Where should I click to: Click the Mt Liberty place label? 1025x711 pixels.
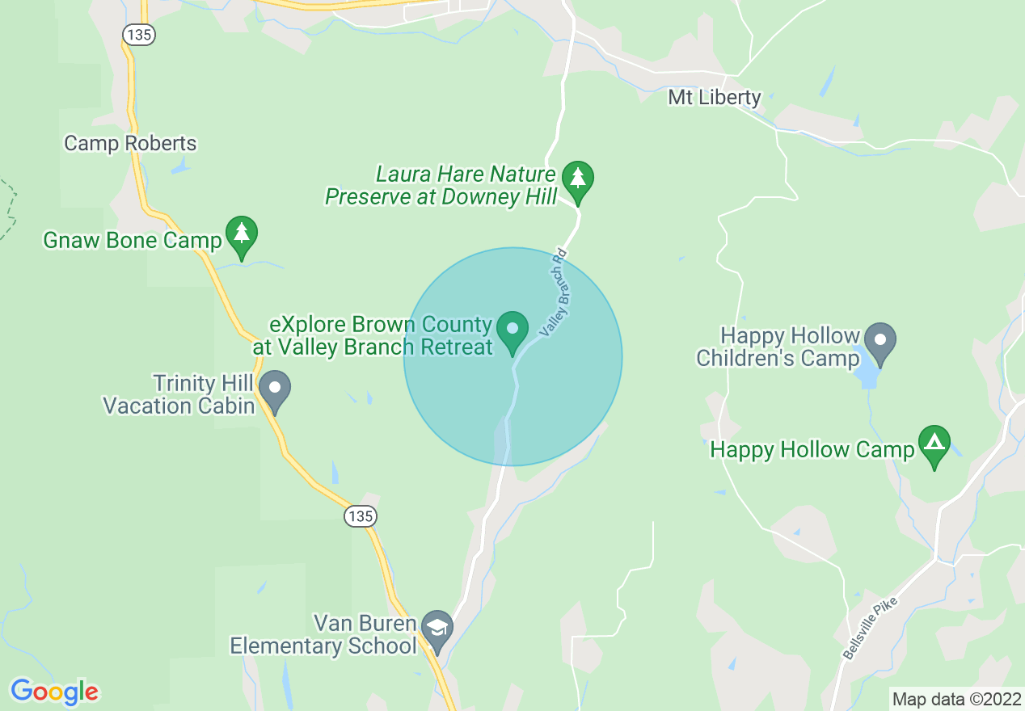coord(714,98)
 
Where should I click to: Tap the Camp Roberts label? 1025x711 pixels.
coord(130,144)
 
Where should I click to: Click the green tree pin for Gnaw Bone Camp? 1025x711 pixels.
coord(241,233)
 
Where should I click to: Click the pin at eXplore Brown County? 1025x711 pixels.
coord(512,330)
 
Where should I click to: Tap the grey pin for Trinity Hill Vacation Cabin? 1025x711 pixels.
coord(275,389)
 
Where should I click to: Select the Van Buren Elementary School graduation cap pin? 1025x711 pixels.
coord(437,628)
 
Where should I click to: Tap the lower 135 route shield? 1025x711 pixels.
coord(361,515)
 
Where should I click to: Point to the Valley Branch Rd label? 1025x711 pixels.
coord(555,292)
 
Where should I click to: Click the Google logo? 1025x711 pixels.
coord(54,692)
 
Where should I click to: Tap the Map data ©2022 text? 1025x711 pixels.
coord(955,699)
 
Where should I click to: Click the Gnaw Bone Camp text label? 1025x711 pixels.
coord(133,241)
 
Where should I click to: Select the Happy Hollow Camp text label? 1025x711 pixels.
coord(812,450)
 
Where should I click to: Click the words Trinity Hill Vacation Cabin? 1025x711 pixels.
coord(179,394)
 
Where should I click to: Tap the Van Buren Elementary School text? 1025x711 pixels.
coord(324,635)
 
